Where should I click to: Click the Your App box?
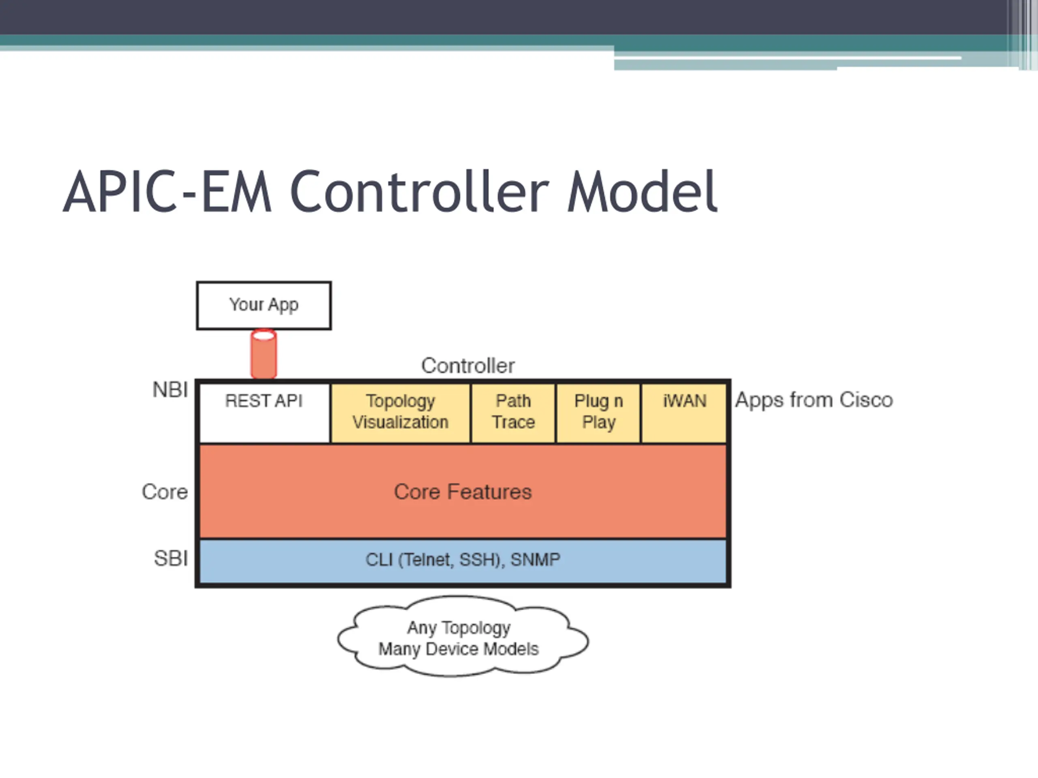coord(264,305)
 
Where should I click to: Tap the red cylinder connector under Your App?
coord(264,354)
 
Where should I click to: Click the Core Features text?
coord(463,492)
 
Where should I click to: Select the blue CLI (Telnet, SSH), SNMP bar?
coord(463,561)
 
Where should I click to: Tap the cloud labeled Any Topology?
coord(463,636)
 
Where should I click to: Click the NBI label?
coord(170,390)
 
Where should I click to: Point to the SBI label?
coord(171,558)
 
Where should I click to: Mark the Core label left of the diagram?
coord(165,492)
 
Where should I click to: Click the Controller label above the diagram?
coord(468,366)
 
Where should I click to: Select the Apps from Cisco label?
coord(814,400)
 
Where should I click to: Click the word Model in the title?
coord(642,191)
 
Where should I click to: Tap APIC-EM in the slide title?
coord(167,191)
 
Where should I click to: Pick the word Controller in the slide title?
coord(419,191)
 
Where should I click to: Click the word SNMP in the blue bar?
coord(536,560)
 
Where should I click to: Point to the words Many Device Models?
coord(459,649)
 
